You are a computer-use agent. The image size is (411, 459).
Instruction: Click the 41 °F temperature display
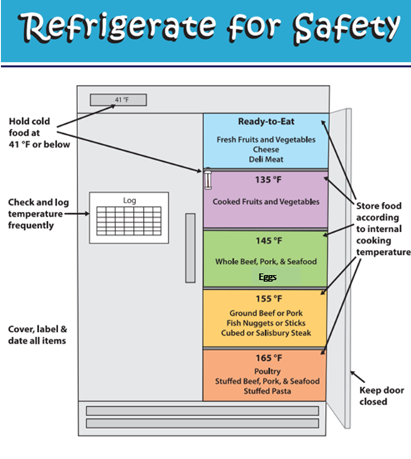tap(118, 100)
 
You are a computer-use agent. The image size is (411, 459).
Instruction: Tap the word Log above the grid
tap(130, 200)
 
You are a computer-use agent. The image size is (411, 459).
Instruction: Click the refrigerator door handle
tap(190, 248)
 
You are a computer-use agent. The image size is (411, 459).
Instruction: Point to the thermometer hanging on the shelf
tap(208, 178)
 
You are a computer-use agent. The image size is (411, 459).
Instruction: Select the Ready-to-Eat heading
tap(266, 121)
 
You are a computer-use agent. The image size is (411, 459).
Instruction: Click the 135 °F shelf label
tap(268, 180)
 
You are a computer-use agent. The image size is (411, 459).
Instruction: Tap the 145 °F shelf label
tap(269, 241)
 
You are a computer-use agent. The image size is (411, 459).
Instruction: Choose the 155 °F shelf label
tap(269, 299)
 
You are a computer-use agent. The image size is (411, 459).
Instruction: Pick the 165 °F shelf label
tap(269, 358)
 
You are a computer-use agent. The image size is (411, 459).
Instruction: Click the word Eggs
tap(268, 277)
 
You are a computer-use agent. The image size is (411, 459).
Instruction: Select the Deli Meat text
tap(266, 159)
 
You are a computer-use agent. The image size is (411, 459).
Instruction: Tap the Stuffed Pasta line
tap(267, 391)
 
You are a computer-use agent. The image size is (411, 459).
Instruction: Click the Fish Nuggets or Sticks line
tap(266, 323)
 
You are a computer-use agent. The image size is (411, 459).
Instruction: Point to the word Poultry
tap(267, 372)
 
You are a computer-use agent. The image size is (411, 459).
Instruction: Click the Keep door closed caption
tap(382, 396)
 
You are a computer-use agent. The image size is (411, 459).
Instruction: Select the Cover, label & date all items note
tap(37, 335)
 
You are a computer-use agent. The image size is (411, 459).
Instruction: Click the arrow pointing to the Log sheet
tap(77, 213)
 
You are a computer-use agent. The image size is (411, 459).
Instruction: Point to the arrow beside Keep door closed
tap(358, 377)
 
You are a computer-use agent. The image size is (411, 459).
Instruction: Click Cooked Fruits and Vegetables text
tap(266, 202)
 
